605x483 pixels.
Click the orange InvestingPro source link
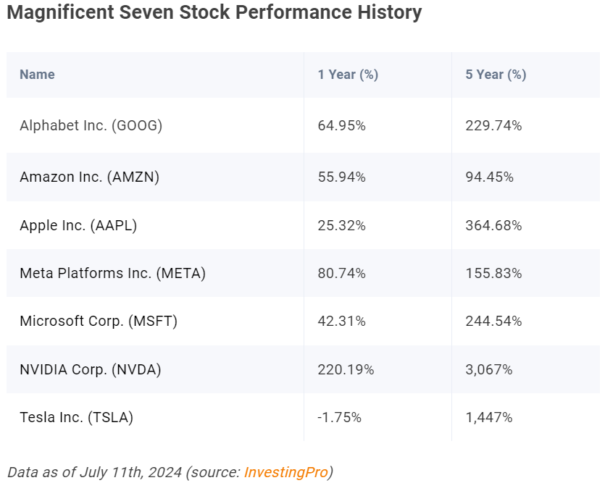click(x=286, y=472)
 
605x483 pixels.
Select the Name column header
click(x=37, y=75)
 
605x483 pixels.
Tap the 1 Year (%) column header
click(x=348, y=75)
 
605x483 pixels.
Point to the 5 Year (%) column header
click(x=496, y=75)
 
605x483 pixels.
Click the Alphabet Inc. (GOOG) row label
click(x=91, y=126)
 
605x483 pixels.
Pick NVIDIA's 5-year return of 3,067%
click(x=489, y=369)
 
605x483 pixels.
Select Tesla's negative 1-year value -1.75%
click(x=339, y=418)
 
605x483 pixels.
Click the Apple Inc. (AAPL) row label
click(x=78, y=225)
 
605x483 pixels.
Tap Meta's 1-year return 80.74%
click(x=341, y=273)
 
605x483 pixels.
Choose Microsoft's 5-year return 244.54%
click(x=493, y=321)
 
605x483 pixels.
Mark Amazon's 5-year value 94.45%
click(x=489, y=177)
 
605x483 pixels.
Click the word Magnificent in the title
click(x=61, y=12)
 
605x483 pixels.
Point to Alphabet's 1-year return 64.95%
click(x=341, y=126)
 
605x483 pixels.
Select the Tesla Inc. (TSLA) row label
click(x=76, y=418)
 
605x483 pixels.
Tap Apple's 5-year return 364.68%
click(x=493, y=225)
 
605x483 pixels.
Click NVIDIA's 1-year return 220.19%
click(x=346, y=369)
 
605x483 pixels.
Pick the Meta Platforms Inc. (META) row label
click(x=112, y=273)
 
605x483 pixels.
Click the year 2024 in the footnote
click(x=164, y=472)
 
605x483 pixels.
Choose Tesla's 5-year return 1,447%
click(x=489, y=418)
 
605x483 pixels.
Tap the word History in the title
click(x=390, y=12)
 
